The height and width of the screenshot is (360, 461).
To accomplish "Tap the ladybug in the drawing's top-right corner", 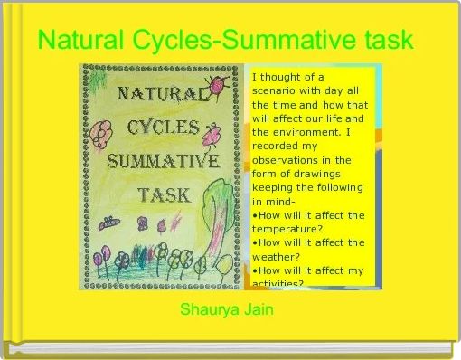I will [220, 83].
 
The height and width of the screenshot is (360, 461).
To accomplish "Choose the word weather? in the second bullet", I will [280, 256].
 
